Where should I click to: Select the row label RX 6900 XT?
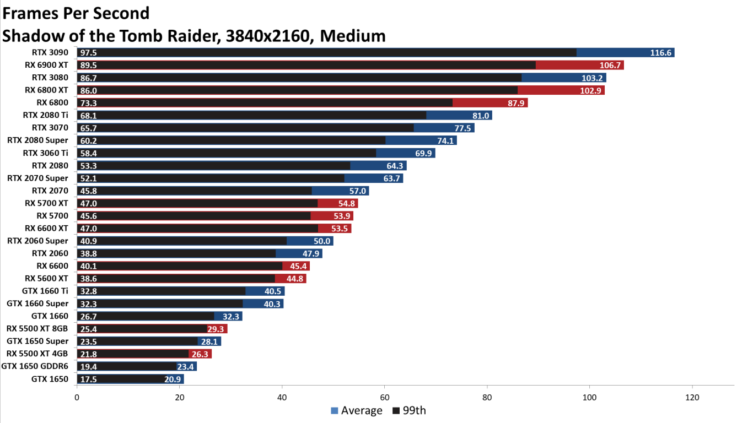46,65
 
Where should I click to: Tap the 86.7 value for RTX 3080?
88,78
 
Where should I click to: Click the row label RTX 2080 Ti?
45,115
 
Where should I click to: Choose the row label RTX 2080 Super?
38,140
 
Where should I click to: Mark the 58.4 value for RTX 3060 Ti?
88,153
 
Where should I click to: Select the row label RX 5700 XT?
46,203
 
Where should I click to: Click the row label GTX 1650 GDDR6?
35,366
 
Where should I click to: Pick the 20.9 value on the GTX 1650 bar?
173,379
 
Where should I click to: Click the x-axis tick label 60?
385,397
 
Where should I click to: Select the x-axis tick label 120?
692,397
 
